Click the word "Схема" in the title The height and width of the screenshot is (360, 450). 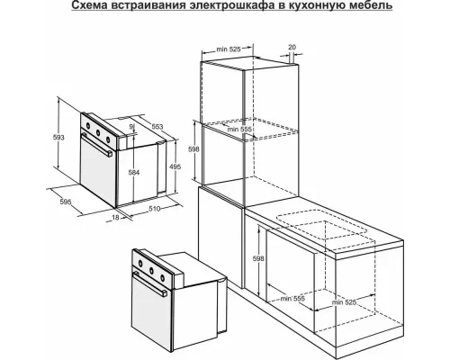(x=104, y=8)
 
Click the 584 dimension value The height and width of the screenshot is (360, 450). (x=134, y=171)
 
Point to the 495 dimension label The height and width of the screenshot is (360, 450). (x=177, y=166)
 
